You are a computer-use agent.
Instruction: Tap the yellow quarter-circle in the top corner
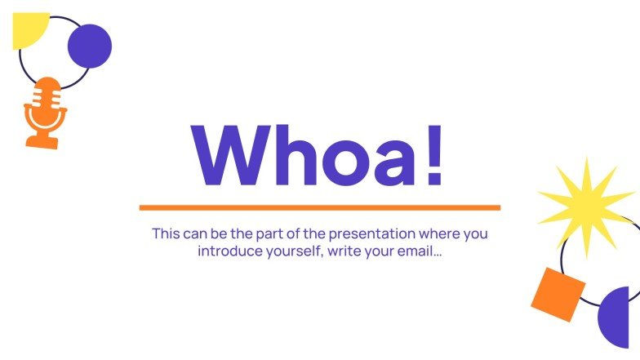pyautogui.click(x=27, y=28)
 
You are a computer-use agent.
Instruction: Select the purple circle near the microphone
pyautogui.click(x=89, y=46)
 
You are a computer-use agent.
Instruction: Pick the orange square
pyautogui.click(x=558, y=294)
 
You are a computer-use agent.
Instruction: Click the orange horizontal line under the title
pyautogui.click(x=319, y=207)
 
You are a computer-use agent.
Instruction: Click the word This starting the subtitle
pyautogui.click(x=166, y=233)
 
